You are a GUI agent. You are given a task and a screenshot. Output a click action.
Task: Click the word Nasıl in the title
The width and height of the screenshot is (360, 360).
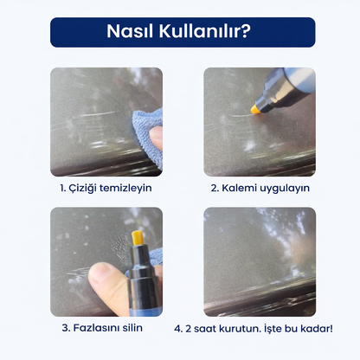131,32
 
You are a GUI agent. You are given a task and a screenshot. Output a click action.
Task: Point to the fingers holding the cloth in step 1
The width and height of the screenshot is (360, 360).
156,136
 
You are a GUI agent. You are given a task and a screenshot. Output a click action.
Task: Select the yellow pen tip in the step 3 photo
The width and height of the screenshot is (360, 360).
137,239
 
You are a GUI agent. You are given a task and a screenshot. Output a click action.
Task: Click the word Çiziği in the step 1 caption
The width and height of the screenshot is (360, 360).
87,187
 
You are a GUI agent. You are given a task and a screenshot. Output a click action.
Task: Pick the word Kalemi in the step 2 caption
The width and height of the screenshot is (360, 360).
243,187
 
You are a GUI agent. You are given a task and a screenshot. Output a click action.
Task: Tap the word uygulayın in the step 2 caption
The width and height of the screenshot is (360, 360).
285,187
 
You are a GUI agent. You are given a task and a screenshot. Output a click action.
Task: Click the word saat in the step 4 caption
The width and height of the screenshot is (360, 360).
206,328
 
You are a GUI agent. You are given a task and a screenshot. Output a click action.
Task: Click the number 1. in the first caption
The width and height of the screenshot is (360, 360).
63,187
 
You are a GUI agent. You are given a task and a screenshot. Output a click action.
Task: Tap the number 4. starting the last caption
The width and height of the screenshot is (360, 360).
178,328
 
